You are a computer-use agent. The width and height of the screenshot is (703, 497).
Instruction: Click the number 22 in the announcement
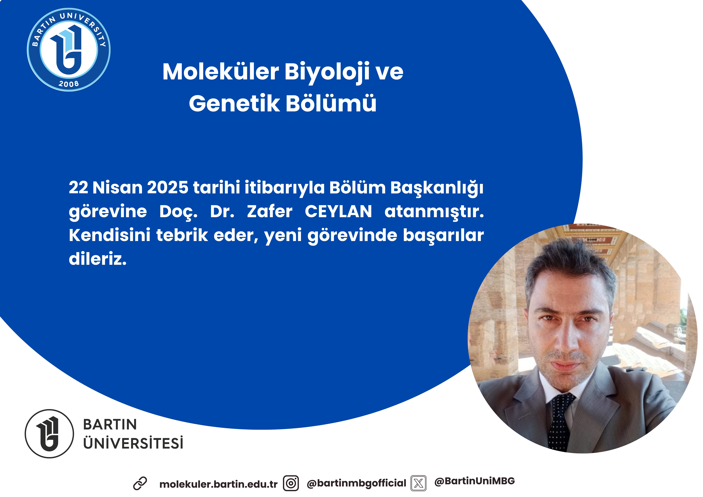78,187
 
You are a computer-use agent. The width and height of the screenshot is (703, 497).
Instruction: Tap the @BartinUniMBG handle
474,481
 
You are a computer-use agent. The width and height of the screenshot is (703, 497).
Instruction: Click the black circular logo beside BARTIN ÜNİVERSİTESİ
49,434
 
